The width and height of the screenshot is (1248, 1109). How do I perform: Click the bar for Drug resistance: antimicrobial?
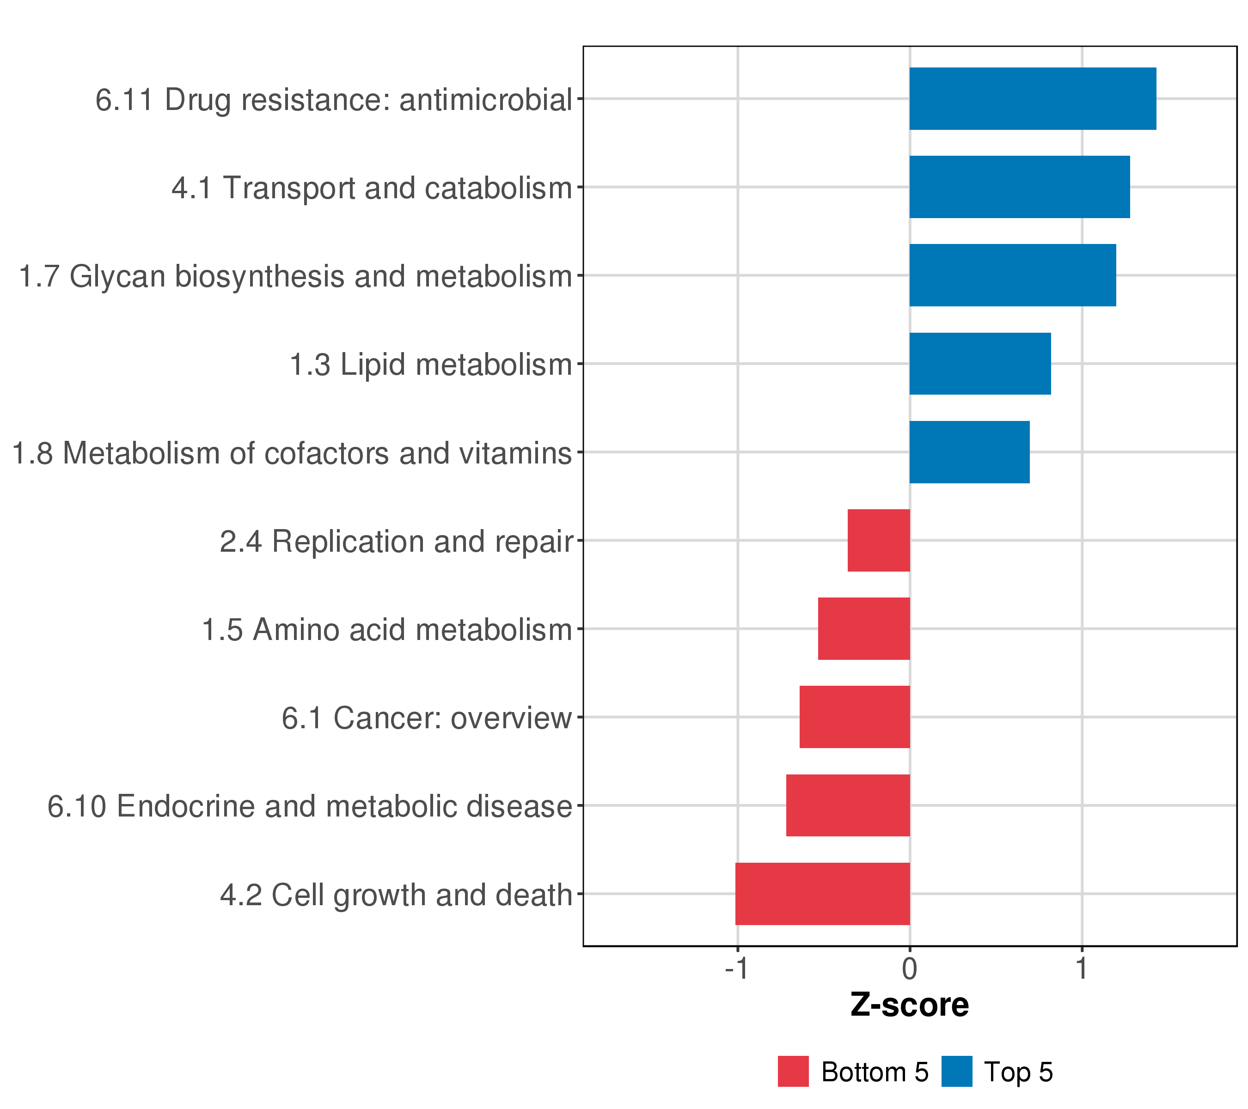point(1033,99)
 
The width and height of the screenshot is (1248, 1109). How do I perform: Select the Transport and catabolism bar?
point(1019,187)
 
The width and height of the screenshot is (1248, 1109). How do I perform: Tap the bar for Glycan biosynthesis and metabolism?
point(1012,275)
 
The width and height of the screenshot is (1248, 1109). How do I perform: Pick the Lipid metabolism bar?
point(980,364)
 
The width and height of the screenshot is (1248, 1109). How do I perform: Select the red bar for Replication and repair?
point(879,540)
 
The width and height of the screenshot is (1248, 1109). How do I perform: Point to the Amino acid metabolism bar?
point(864,628)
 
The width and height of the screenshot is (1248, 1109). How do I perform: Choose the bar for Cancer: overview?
point(854,717)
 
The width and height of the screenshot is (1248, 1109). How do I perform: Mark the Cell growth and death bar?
point(822,894)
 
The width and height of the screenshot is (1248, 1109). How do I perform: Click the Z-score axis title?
point(909,1005)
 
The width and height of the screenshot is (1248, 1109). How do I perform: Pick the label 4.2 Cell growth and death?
point(396,896)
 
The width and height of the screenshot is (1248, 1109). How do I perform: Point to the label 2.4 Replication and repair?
point(396,542)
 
